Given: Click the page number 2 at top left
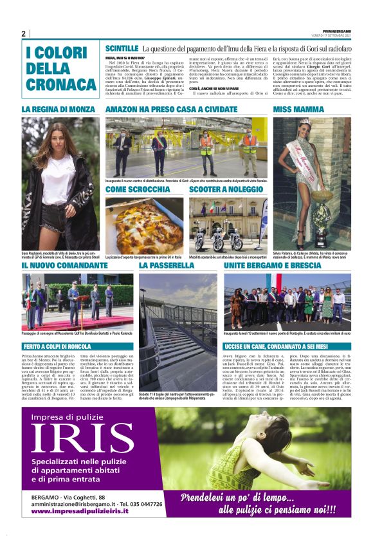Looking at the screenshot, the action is [x=23, y=33].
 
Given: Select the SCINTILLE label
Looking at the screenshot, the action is [x=122, y=48].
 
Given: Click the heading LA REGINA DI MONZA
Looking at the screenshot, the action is [x=58, y=110].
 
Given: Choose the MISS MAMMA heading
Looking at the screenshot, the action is [x=300, y=110].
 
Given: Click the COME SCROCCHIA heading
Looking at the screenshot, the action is [x=138, y=190].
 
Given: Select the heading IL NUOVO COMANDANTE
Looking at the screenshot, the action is [x=64, y=265].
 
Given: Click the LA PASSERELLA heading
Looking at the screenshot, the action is [x=167, y=265].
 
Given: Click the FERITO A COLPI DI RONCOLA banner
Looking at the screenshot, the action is [x=62, y=346].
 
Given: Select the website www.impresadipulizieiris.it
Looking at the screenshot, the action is [x=79, y=510].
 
